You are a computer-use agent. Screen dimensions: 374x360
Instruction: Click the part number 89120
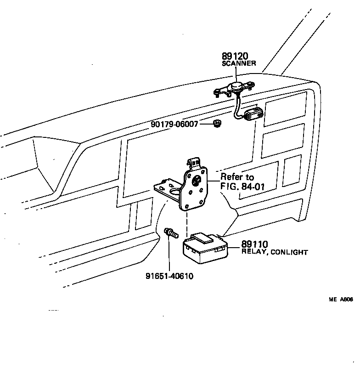(x=235, y=57)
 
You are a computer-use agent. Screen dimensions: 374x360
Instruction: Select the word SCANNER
(x=239, y=63)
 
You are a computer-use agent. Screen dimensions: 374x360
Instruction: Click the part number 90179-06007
(x=175, y=124)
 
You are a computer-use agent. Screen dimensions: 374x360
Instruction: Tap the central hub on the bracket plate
(x=197, y=181)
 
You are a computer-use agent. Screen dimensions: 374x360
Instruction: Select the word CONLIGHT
(x=289, y=252)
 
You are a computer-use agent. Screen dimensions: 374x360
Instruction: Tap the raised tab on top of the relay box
(x=202, y=238)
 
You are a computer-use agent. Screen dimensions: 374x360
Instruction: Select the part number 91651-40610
(x=169, y=276)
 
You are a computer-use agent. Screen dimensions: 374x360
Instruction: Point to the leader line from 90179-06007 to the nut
(x=205, y=124)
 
